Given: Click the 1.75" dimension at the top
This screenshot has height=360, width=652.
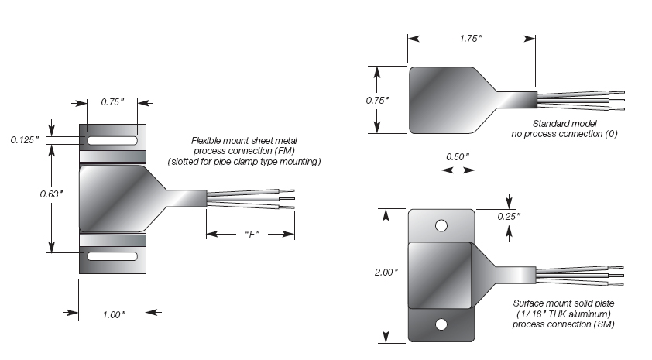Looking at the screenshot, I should pyautogui.click(x=471, y=37).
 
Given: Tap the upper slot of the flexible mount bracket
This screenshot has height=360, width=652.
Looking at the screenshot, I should pyautogui.click(x=113, y=142).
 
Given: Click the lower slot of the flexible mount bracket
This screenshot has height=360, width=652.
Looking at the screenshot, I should pyautogui.click(x=113, y=256).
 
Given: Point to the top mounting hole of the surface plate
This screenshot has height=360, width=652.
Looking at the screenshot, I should pyautogui.click(x=441, y=226).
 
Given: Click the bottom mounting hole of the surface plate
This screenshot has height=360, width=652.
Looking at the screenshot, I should pyautogui.click(x=441, y=324).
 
